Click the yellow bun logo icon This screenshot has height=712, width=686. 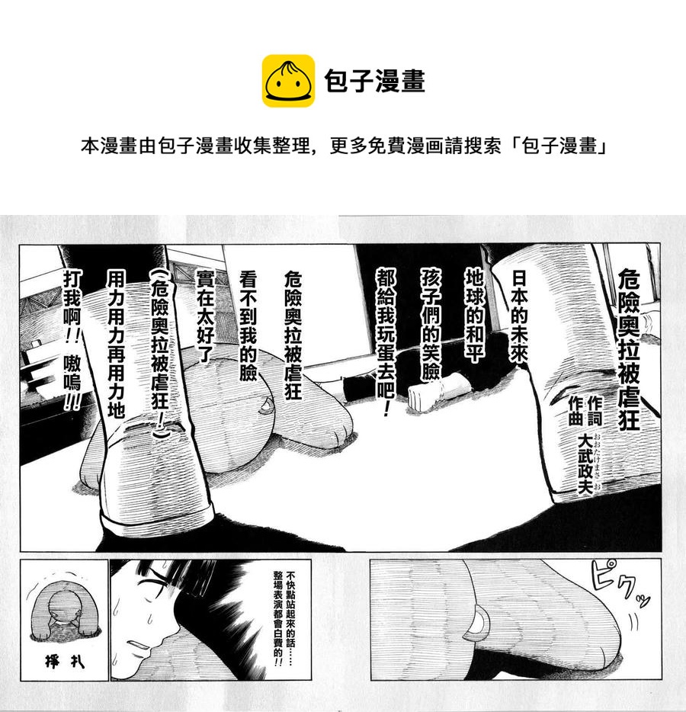288,81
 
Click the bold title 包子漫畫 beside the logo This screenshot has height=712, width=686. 374,82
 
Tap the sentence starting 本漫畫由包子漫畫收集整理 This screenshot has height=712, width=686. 344,146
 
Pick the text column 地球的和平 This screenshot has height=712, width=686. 474,314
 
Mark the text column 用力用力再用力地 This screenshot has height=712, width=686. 116,344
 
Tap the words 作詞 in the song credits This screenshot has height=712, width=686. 595,411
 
